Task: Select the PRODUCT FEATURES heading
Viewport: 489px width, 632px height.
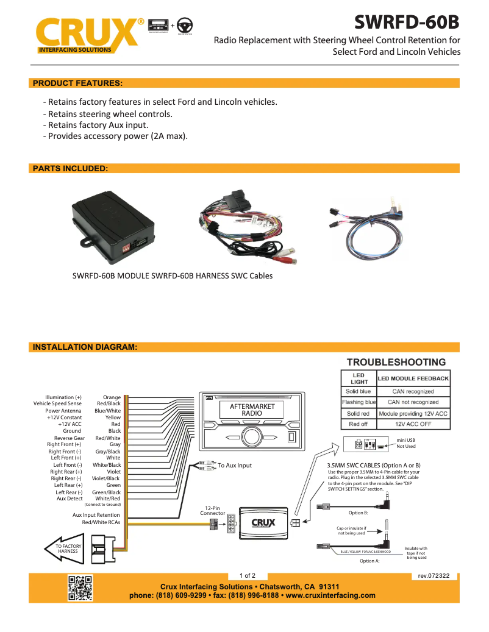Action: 77,83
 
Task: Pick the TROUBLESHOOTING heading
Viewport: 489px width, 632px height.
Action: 396,362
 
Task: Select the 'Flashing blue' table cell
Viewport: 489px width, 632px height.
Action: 359,402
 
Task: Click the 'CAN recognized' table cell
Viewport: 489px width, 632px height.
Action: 413,391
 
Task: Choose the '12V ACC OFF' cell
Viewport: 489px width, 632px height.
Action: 413,424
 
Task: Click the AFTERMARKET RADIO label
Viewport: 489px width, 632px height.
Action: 252,410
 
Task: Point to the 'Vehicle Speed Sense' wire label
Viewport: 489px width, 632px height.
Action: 57,403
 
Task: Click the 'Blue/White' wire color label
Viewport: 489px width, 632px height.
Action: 108,411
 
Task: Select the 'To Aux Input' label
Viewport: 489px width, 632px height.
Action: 235,466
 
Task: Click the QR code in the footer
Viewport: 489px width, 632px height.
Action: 79,588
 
